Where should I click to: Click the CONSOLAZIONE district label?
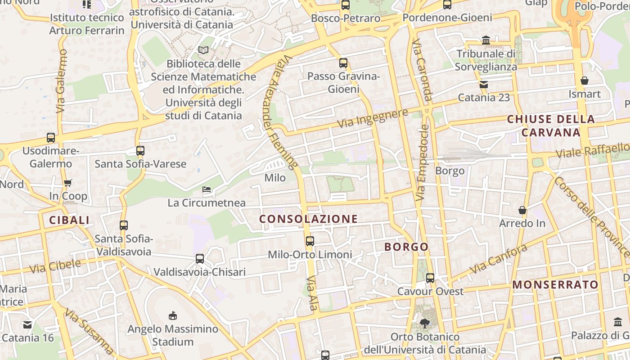pos(309,219)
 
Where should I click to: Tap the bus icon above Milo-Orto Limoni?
pos(310,241)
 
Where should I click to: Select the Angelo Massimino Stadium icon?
pos(173,315)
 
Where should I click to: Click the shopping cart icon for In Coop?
pos(68,183)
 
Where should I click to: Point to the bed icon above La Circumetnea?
pos(207,189)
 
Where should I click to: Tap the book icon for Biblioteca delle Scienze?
pos(203,50)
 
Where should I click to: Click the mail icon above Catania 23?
pos(484,84)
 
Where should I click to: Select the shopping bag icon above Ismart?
pos(585,81)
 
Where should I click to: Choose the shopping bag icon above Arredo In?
pos(522,210)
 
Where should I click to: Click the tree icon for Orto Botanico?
pos(424,323)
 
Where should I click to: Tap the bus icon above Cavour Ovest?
pos(430,278)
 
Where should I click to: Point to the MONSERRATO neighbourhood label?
pos(555,285)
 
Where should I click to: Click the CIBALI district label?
pos(69,220)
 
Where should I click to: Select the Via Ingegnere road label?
pos(372,118)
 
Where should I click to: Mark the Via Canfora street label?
pos(498,259)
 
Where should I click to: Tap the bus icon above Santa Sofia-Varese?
pos(140,151)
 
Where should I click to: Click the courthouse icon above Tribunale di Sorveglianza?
pos(486,40)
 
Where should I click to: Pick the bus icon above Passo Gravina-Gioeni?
pos(343,63)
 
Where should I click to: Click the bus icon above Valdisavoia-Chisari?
pos(200,259)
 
